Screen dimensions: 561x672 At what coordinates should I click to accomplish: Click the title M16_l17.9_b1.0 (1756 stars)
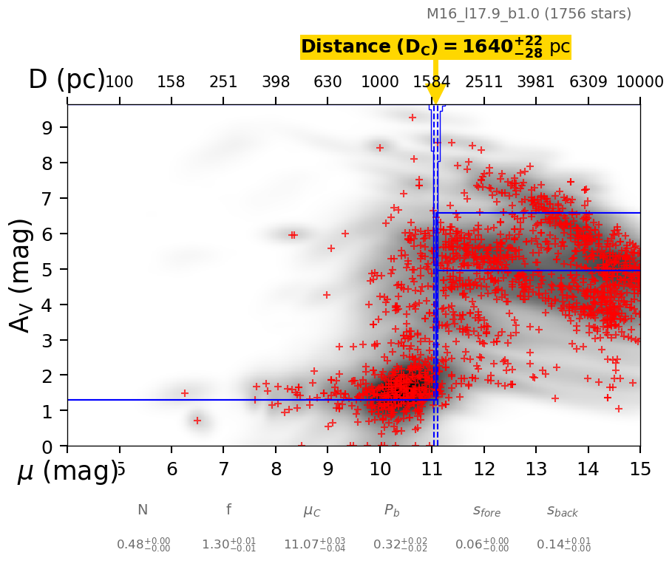[x=529, y=14]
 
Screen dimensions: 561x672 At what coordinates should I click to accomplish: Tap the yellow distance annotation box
[x=435, y=47]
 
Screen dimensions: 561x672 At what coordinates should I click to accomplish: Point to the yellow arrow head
[x=435, y=95]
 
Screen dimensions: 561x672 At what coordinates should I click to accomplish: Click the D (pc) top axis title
[x=67, y=80]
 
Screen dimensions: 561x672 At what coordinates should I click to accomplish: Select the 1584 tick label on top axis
[x=432, y=81]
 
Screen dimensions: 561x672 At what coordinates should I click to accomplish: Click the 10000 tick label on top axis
[x=639, y=81]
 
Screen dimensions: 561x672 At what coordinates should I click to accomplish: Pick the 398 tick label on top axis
[x=276, y=81]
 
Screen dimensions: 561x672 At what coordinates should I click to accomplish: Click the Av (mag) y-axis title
[x=21, y=275]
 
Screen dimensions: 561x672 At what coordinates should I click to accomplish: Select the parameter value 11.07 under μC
[x=314, y=545]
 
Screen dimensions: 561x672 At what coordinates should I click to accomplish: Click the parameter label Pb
[x=392, y=510]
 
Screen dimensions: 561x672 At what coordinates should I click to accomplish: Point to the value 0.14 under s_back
[x=563, y=545]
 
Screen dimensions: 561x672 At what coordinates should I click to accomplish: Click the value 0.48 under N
[x=143, y=545]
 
